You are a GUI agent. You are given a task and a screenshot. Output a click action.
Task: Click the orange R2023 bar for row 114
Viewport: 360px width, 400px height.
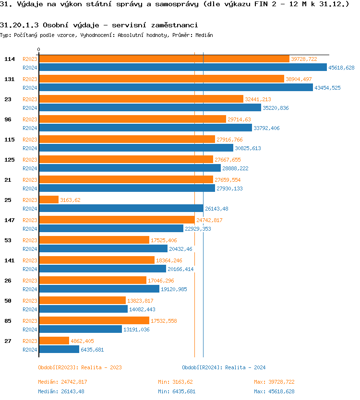[x=164, y=59]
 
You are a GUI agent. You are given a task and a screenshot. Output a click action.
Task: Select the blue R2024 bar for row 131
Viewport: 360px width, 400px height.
[x=176, y=88]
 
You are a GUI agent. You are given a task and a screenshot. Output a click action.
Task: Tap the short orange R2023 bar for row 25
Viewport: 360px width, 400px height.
[x=48, y=200]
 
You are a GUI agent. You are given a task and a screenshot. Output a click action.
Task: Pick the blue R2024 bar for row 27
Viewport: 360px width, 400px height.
[x=59, y=350]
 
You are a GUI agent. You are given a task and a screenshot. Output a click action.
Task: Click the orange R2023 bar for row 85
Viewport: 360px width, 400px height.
[x=94, y=321]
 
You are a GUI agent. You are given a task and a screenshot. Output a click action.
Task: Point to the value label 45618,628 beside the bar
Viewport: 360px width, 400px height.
[x=341, y=68]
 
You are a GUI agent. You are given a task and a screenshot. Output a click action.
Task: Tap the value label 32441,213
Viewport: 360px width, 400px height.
[x=258, y=99]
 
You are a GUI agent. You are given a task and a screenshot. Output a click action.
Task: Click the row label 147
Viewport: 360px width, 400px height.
[x=9, y=220]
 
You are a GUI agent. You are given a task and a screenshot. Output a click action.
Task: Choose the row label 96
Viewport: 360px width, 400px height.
[x=8, y=119]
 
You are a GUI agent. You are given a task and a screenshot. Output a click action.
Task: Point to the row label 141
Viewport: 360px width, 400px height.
[x=9, y=260]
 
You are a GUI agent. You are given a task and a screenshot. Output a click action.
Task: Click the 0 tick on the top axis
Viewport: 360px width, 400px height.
[x=39, y=50]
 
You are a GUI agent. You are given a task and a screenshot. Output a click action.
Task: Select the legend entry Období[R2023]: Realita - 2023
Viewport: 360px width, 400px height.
[x=80, y=367]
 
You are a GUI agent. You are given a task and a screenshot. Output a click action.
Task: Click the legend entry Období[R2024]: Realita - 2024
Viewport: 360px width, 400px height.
[x=224, y=367]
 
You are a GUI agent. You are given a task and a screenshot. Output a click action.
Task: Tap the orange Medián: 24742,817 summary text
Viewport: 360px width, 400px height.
[x=62, y=382]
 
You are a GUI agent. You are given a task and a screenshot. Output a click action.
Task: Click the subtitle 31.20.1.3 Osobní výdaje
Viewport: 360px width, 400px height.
[x=98, y=25]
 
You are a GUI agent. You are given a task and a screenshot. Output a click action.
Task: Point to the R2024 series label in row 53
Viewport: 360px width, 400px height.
[x=30, y=249]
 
